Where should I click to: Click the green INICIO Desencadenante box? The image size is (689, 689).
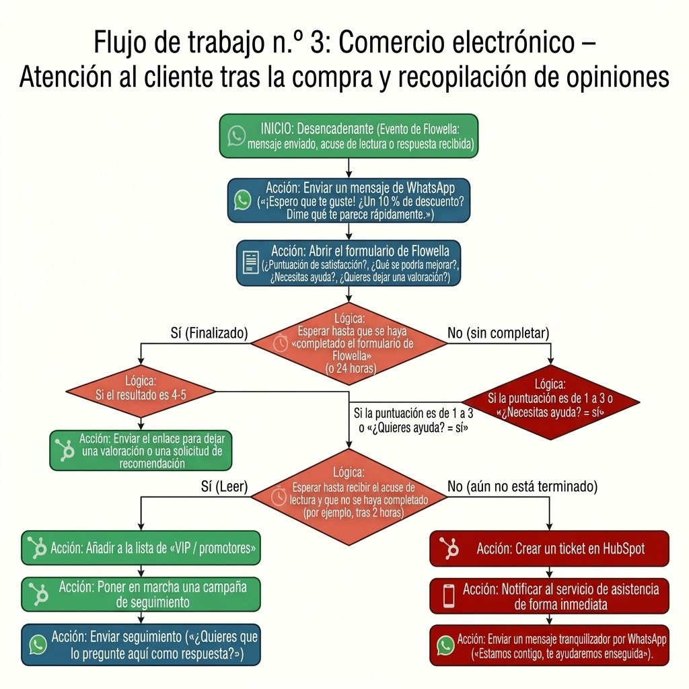pyautogui.click(x=349, y=136)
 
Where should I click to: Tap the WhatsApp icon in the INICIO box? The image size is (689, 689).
pyautogui.click(x=237, y=136)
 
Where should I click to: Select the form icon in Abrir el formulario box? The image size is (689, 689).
pyautogui.click(x=251, y=262)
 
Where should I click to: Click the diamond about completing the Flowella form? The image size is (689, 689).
pyautogui.click(x=349, y=344)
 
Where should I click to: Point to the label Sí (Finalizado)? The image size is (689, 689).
pyautogui.click(x=209, y=333)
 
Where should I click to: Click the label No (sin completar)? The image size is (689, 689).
pyautogui.click(x=499, y=333)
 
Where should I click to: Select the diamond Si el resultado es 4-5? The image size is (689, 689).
pyautogui.click(x=141, y=391)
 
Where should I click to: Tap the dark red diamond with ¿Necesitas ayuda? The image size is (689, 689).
pyautogui.click(x=550, y=402)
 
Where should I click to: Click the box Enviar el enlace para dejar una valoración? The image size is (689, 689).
pyautogui.click(x=141, y=450)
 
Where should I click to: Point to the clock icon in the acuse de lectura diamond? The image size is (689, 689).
pyautogui.click(x=279, y=497)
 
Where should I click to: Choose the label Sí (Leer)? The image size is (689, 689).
pyautogui.click(x=225, y=486)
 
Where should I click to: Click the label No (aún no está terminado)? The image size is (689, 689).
pyautogui.click(x=522, y=486)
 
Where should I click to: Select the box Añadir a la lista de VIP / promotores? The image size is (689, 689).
pyautogui.click(x=141, y=548)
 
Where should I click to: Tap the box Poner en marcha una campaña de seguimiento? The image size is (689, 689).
pyautogui.click(x=141, y=594)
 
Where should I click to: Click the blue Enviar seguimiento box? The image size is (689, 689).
pyautogui.click(x=141, y=645)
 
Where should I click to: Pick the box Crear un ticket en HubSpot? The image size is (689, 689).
pyautogui.click(x=549, y=548)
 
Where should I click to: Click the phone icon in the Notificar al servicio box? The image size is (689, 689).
pyautogui.click(x=449, y=596)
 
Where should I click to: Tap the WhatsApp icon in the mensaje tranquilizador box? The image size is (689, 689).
pyautogui.click(x=445, y=645)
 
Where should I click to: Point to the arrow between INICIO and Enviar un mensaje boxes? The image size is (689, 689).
pyautogui.click(x=349, y=168)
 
